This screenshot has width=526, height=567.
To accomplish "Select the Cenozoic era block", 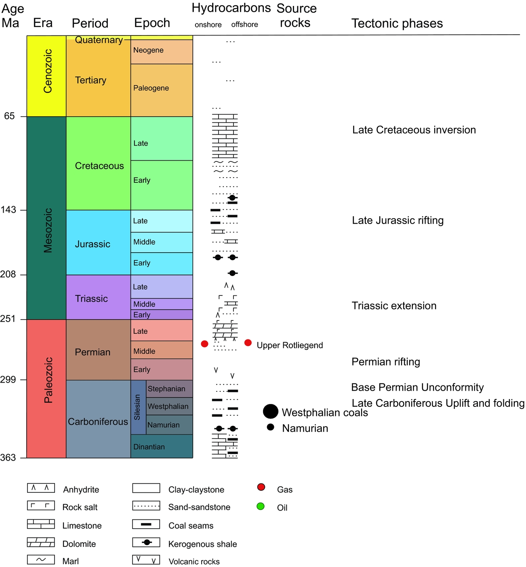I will [x=47, y=76].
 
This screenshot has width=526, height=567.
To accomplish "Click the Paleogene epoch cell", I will [x=162, y=90].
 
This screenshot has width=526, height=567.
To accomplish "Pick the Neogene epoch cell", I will [x=162, y=52].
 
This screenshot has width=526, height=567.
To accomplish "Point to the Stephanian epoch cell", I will [x=169, y=389].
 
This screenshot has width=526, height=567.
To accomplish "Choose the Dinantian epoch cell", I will [x=162, y=446].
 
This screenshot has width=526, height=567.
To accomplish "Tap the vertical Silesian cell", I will [x=138, y=407].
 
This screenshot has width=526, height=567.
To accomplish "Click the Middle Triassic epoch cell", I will [x=162, y=304].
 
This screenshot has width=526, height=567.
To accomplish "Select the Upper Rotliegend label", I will [x=290, y=345].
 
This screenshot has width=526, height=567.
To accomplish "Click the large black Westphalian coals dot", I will [x=271, y=411].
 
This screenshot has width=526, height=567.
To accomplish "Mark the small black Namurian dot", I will [x=271, y=427].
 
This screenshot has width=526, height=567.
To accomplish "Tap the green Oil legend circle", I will [x=261, y=506].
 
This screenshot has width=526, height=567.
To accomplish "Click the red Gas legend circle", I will [x=261, y=487].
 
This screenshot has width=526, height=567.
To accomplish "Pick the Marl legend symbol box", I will [x=41, y=560].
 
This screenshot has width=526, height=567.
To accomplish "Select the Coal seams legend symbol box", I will [x=146, y=524].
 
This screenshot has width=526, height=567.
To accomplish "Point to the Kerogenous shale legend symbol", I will [x=146, y=542].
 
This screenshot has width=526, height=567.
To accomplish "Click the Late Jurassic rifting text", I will [x=398, y=220].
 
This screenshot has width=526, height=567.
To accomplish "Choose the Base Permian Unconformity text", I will [x=417, y=387].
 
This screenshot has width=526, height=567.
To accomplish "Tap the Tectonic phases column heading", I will [x=397, y=23].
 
